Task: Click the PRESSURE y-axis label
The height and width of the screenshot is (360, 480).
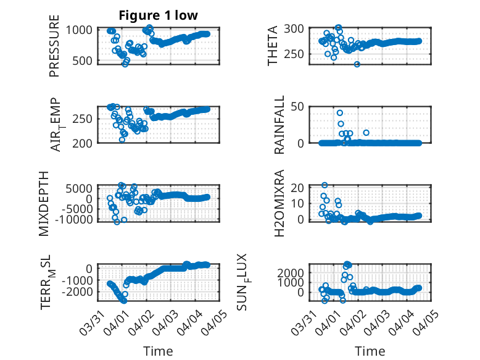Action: [x=54, y=50]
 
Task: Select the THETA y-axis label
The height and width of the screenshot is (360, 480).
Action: [x=272, y=46]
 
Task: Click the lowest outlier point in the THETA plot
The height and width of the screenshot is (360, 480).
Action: [x=357, y=64]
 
